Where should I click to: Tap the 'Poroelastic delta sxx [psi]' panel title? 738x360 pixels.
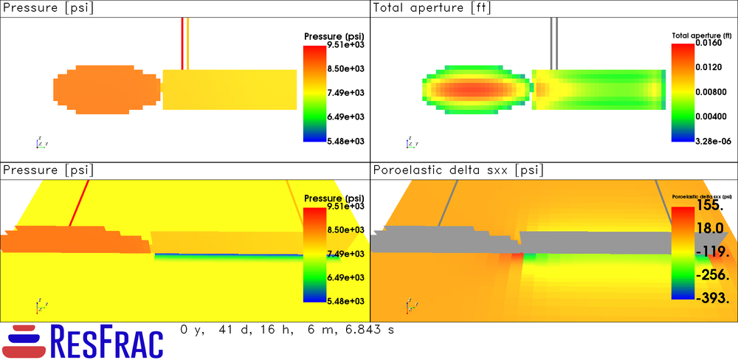click(x=458, y=170)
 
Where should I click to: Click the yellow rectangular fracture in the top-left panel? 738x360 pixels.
click(x=230, y=89)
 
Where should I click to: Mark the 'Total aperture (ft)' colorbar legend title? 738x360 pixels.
click(x=701, y=35)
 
